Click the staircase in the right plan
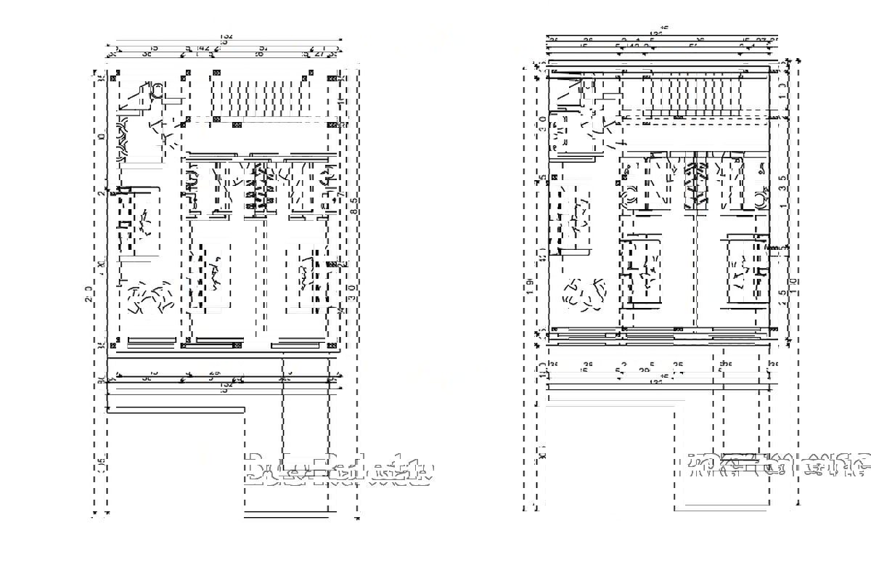pyautogui.click(x=693, y=96)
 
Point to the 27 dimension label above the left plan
pyautogui.click(x=319, y=54)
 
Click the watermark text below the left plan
pyautogui.click(x=339, y=469)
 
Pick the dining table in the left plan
pyautogui.click(x=146, y=221)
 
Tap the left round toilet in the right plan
pyautogui.click(x=630, y=194)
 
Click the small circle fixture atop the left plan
pyautogui.click(x=156, y=90)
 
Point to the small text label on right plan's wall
pyautogui.click(x=777, y=248)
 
